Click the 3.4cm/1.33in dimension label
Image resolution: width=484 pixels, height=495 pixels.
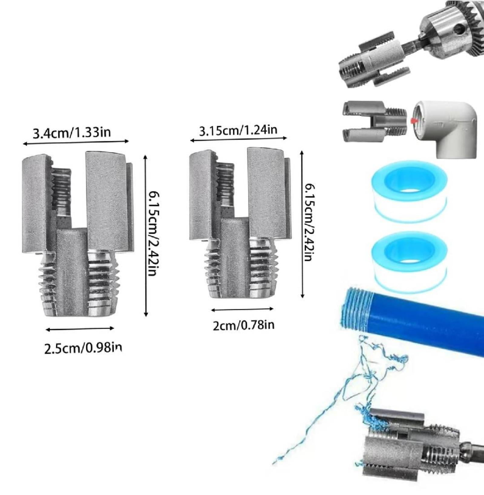pos(72,133)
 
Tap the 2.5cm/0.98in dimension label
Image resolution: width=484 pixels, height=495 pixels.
pos(83,348)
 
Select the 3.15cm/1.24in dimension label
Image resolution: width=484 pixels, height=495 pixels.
pos(238,130)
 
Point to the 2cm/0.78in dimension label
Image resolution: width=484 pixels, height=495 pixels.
pos(244,325)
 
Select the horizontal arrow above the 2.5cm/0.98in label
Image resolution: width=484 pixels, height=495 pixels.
pos(80,329)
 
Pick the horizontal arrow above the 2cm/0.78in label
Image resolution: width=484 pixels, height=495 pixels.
pos(242,309)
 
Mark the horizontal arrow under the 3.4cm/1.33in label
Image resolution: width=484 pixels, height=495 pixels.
pos(76,142)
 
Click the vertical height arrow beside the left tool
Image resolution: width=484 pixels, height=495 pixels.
pos(146,236)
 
